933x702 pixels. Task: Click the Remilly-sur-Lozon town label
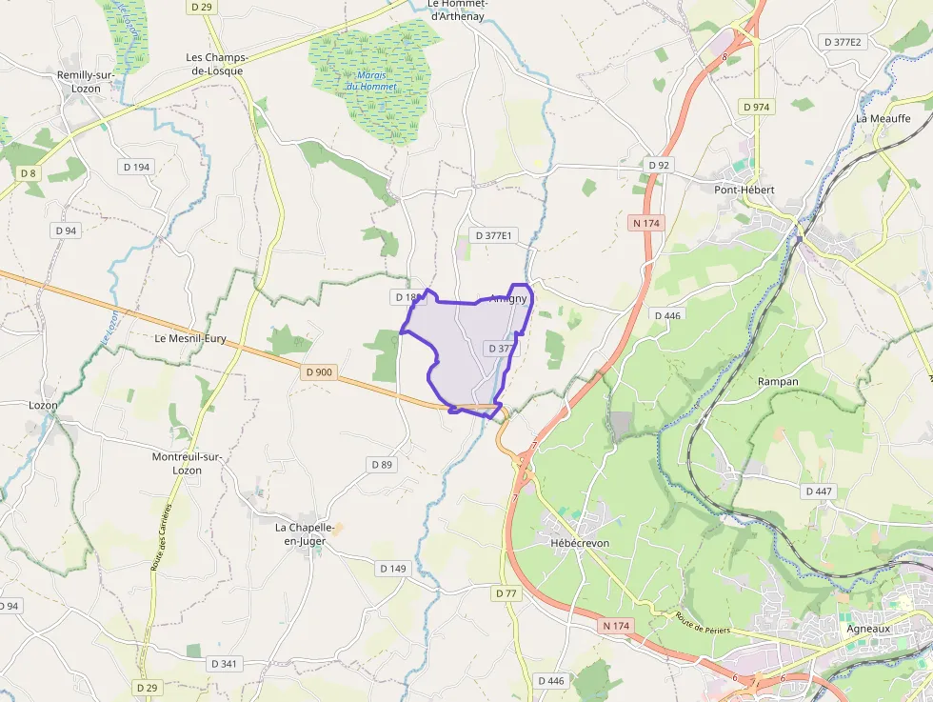86,81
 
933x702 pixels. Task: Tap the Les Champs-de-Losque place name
214,64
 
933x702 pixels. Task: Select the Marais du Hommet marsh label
372,81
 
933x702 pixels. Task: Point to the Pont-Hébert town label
744,190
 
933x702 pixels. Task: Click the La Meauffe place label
883,118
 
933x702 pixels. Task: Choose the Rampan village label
778,381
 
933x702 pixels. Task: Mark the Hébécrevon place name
580,543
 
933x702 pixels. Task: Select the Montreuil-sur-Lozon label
188,463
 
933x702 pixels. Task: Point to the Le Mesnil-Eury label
190,338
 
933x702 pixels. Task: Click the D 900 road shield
320,372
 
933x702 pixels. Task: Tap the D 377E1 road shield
492,235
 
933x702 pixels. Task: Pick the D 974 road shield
755,107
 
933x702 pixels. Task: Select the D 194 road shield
136,167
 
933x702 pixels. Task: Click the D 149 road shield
392,569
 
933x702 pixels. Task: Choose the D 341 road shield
223,663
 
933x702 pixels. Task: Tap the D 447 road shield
818,491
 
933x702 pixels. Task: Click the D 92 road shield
659,165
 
